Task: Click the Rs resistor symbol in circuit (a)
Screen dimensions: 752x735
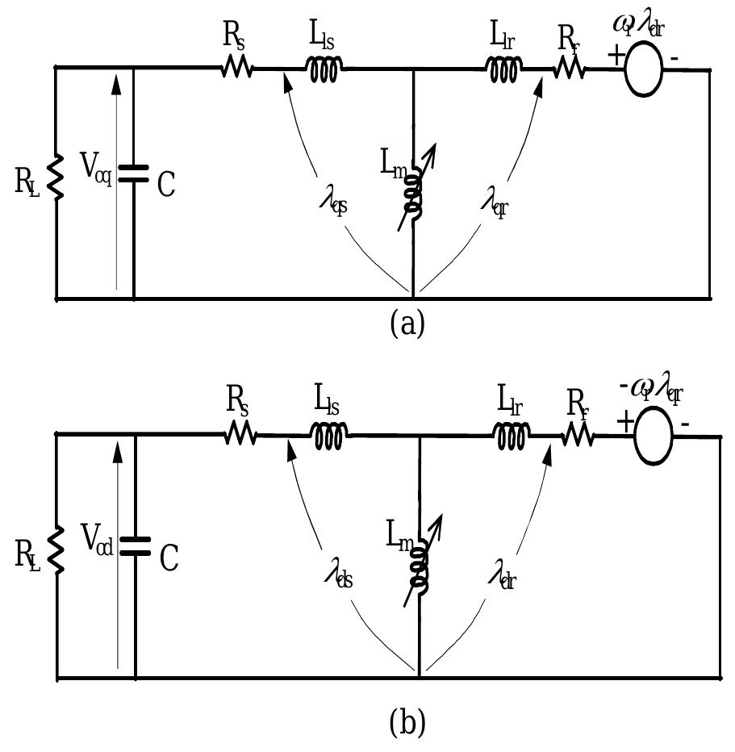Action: tap(236, 70)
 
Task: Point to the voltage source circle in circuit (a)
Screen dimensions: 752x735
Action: tap(643, 70)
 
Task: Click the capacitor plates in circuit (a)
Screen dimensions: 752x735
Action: tap(133, 173)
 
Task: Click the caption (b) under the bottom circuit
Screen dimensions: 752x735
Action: tap(406, 723)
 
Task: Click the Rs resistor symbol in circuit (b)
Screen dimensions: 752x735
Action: tap(240, 437)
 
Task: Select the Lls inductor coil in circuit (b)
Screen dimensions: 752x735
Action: tap(330, 437)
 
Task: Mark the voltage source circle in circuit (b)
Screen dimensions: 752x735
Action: tap(654, 437)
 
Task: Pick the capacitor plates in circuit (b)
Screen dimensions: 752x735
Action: tap(135, 545)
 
